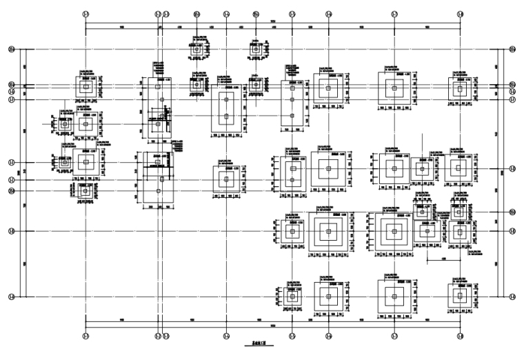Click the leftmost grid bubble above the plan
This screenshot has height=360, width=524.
pyautogui.click(x=85, y=13)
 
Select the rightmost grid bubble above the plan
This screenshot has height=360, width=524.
pyautogui.click(x=461, y=13)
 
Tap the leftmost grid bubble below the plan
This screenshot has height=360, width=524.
pyautogui.click(x=85, y=336)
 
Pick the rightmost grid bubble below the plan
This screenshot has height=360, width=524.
pyautogui.click(x=461, y=336)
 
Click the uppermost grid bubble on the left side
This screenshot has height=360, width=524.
pyautogui.click(x=11, y=50)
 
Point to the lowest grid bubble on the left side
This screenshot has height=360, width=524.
pyautogui.click(x=11, y=297)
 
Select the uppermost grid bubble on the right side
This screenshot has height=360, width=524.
pyautogui.click(x=512, y=50)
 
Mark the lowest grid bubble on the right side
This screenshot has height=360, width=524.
pyautogui.click(x=512, y=297)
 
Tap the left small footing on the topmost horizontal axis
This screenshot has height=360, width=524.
pyautogui.click(x=196, y=50)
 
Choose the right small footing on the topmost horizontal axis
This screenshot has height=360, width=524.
pyautogui.click(x=256, y=50)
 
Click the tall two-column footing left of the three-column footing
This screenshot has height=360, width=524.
pyautogui.click(x=226, y=108)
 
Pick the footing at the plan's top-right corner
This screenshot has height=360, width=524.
pyautogui.click(x=460, y=88)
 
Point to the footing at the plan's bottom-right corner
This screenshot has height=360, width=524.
pyautogui.click(x=460, y=297)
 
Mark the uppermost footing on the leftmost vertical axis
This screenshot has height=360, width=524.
pyautogui.click(x=85, y=88)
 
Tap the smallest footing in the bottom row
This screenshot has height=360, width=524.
pyautogui.click(x=292, y=297)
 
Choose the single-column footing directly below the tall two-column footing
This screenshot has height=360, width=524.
pyautogui.click(x=226, y=179)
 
